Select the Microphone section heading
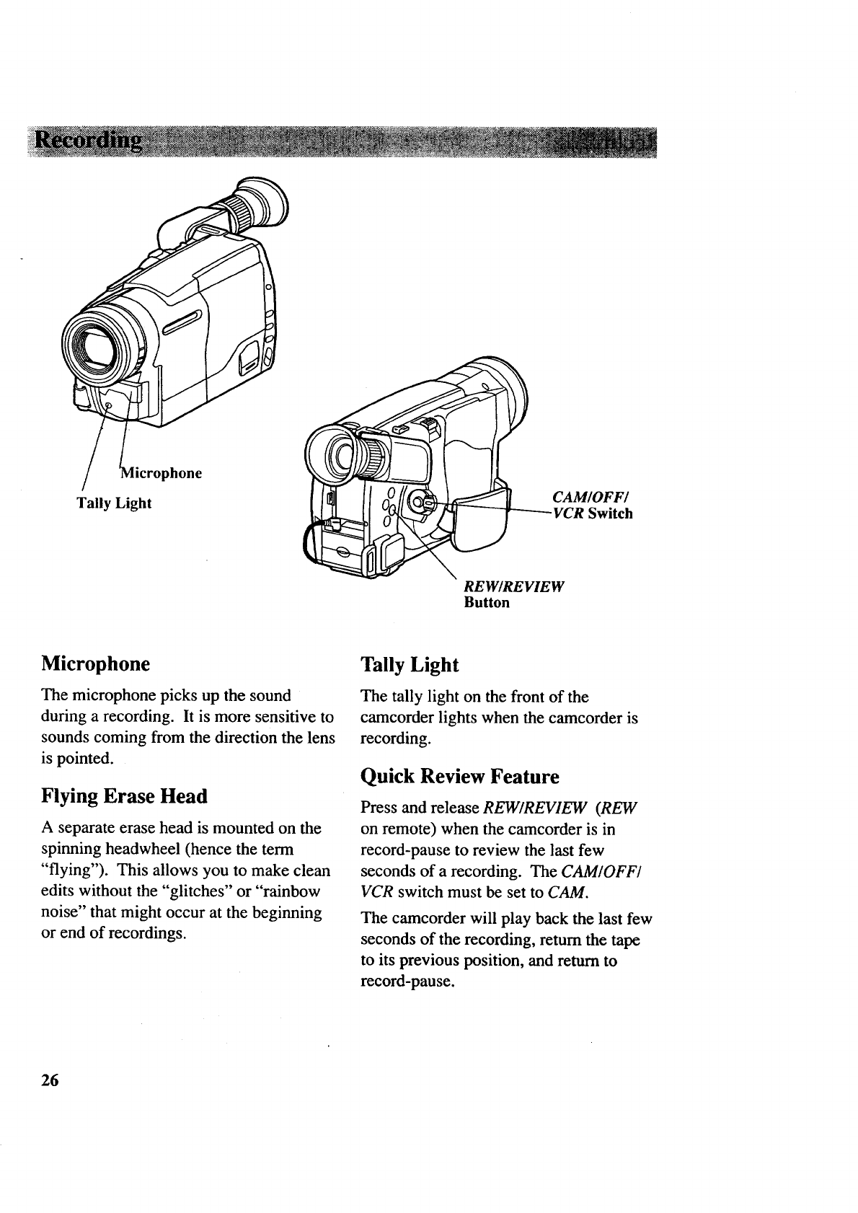tap(96, 663)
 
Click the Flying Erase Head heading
tap(125, 796)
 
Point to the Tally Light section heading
tap(410, 664)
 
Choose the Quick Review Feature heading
tap(459, 777)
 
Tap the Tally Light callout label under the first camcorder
tap(114, 503)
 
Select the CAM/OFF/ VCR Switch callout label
tap(591, 506)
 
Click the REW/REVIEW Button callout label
tap(513, 593)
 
